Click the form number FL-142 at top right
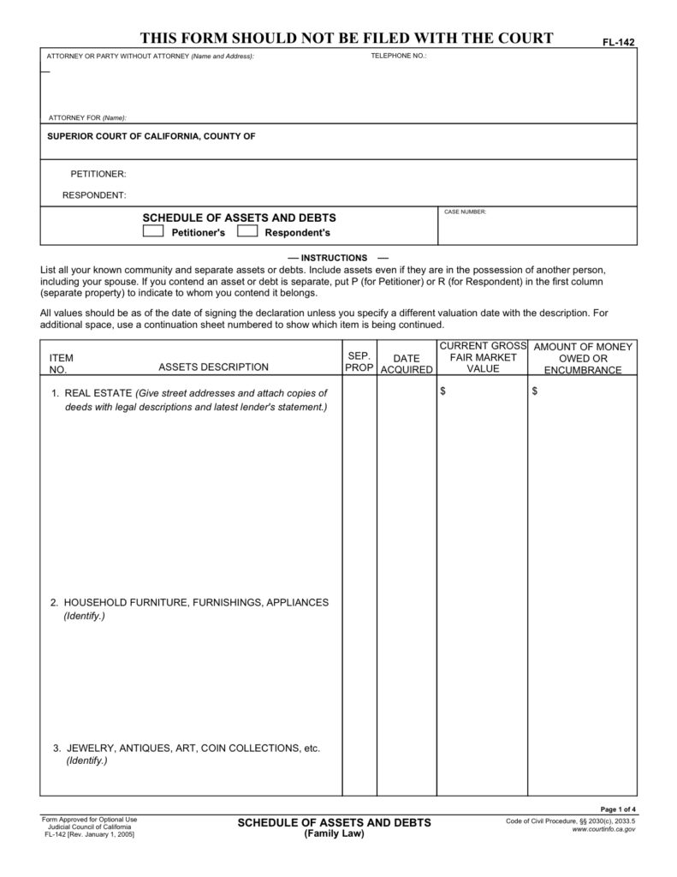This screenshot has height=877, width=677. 621,41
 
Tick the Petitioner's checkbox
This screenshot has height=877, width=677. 153,231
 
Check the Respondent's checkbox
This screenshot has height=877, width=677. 247,231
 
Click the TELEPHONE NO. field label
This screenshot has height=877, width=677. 398,56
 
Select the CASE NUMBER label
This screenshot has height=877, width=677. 465,212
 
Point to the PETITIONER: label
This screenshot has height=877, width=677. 98,174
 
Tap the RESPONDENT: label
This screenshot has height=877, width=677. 94,195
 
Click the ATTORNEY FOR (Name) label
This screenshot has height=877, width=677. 86,117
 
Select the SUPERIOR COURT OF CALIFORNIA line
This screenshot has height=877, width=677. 151,136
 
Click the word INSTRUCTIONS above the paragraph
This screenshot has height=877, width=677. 334,258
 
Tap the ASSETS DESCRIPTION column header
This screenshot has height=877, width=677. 214,367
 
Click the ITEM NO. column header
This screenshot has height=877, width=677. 61,363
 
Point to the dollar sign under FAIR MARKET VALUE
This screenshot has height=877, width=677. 442,391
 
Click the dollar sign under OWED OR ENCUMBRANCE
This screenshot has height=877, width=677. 535,391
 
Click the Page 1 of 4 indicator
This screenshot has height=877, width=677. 618,809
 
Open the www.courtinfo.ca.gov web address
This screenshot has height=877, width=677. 603,830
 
